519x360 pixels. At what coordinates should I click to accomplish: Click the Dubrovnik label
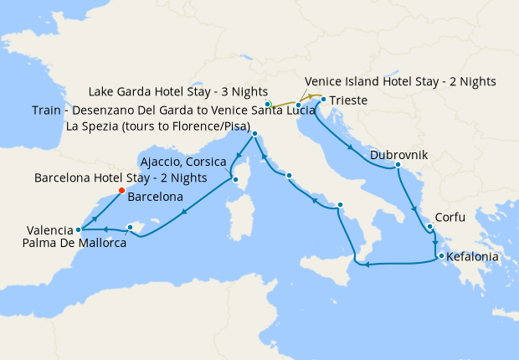[x=398, y=155]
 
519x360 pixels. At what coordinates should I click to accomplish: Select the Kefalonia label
[x=474, y=257]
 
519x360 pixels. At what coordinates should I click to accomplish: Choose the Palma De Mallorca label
[x=75, y=243]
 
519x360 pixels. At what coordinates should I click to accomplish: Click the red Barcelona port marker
[x=121, y=191]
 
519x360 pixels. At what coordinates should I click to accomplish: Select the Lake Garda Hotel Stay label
[x=177, y=90]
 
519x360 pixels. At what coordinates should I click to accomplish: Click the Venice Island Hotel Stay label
[x=401, y=81]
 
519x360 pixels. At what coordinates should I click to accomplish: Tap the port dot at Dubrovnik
[x=398, y=166]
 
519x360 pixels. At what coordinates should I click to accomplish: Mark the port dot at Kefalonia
[x=439, y=256]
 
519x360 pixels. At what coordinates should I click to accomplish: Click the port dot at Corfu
[x=429, y=226]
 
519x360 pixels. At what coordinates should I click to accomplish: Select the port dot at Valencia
[x=78, y=229]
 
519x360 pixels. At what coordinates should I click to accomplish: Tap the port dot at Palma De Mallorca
[x=130, y=226]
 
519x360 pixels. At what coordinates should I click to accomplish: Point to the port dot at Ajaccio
[x=234, y=177]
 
